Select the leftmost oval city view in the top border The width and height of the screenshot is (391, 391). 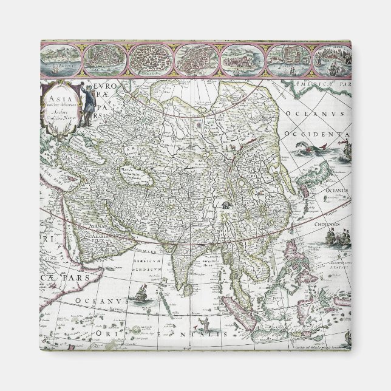click(x=61, y=58)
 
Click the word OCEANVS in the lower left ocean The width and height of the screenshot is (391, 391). click(x=100, y=302)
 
